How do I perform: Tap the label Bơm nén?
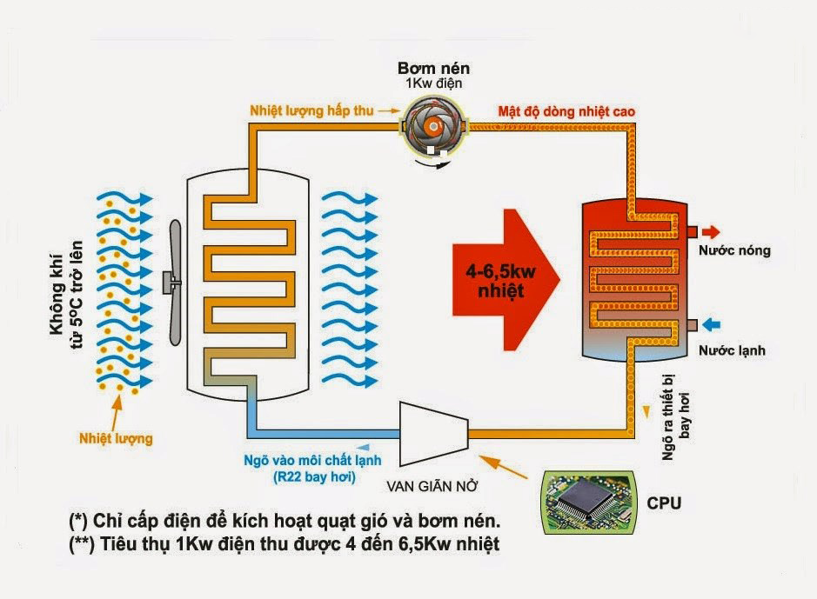pos(432,68)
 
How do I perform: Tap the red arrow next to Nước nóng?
pos(711,232)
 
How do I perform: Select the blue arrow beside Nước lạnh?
pos(711,325)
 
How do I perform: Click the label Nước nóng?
pos(734,250)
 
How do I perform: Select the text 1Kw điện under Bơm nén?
pos(432,83)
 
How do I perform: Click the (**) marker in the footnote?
pos(82,544)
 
